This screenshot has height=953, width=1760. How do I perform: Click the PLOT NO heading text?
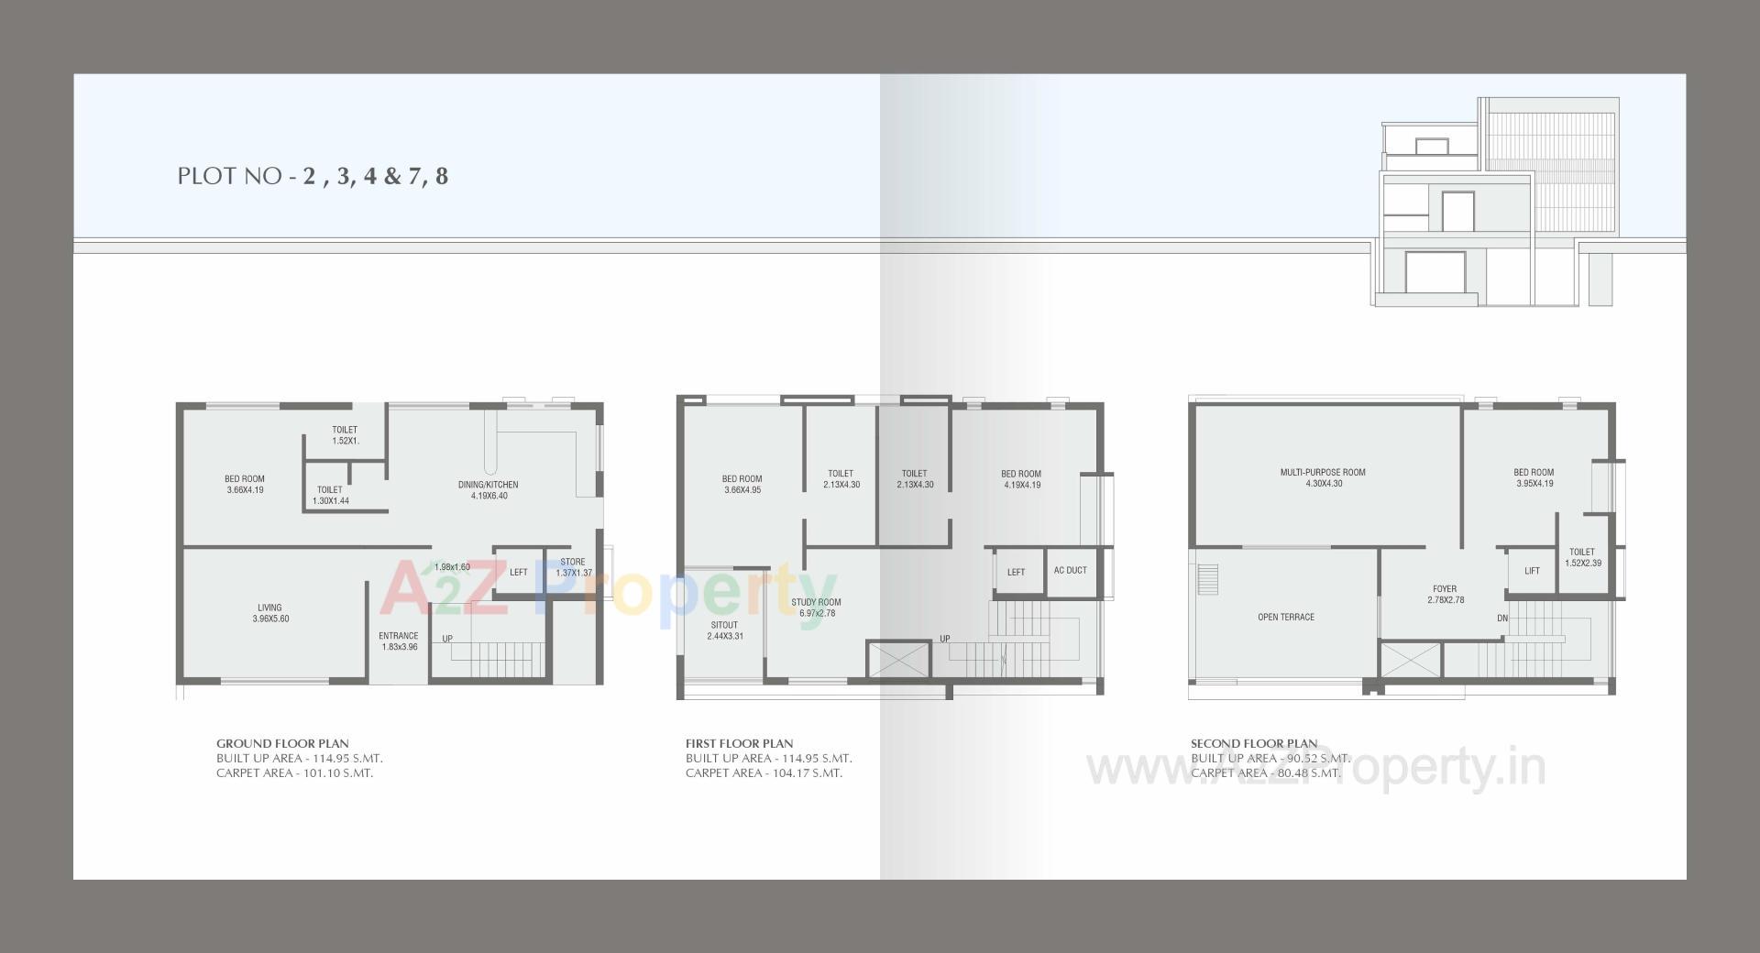[x=313, y=176]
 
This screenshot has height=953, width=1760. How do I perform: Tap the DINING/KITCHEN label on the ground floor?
[x=488, y=485]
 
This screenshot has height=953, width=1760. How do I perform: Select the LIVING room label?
[x=269, y=608]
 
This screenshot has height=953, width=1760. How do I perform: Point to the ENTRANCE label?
[x=399, y=636]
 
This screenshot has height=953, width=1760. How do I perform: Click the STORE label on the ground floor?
[x=572, y=563]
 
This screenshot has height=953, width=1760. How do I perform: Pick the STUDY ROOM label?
[x=816, y=603]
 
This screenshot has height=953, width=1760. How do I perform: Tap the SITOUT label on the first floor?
[x=724, y=626]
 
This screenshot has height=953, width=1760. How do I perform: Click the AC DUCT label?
[x=1070, y=571]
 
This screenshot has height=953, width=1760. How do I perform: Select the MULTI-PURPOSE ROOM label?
[x=1323, y=473]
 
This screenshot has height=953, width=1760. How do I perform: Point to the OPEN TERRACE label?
[x=1285, y=618]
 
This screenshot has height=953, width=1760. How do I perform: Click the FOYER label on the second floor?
[x=1445, y=589]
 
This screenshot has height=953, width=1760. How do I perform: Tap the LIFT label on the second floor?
[x=1532, y=571]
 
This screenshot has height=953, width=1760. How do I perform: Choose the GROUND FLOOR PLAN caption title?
[x=282, y=744]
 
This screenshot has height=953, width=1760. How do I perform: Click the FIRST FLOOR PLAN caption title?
[x=739, y=744]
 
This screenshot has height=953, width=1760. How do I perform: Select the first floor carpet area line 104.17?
[x=764, y=773]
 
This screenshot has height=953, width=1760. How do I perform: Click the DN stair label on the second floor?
[x=1502, y=619]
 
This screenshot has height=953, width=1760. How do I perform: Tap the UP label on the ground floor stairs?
[x=447, y=639]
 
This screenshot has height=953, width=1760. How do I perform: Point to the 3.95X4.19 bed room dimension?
[x=1534, y=484]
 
